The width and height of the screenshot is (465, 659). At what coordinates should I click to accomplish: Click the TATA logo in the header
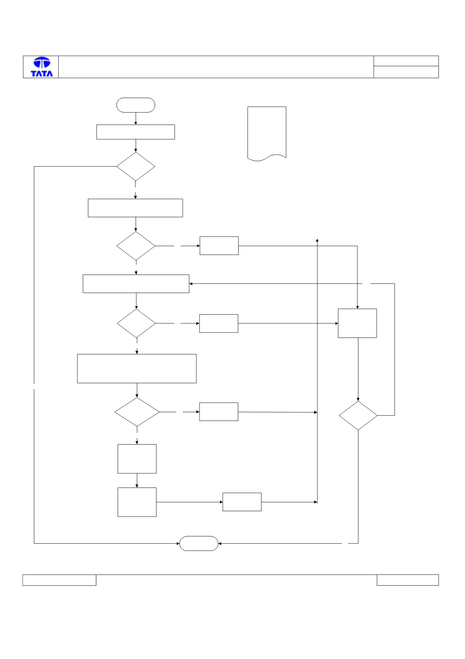(x=42, y=67)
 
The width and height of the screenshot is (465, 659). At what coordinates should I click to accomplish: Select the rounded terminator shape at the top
(x=136, y=105)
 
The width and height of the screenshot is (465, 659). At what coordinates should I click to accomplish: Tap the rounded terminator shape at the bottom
(x=199, y=543)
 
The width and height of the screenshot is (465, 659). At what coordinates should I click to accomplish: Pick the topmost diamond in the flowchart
(x=136, y=166)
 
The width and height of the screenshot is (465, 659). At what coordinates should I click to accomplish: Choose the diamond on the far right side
(x=358, y=416)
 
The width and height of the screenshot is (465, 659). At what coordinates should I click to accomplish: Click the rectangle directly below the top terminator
(x=136, y=132)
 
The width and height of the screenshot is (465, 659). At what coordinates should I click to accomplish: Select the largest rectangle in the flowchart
(x=137, y=369)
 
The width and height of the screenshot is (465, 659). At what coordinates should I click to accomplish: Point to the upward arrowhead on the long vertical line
(x=317, y=240)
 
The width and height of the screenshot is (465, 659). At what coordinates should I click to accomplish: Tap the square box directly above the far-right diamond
(x=357, y=323)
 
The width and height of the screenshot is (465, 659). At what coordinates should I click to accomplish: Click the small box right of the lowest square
(x=242, y=502)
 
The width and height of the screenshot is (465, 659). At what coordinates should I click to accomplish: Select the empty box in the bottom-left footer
(x=59, y=580)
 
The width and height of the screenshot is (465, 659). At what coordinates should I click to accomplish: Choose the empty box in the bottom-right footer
(x=408, y=580)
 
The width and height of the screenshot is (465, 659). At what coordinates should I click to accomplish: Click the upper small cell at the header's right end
(x=406, y=61)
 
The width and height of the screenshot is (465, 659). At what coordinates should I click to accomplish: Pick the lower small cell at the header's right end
(x=406, y=72)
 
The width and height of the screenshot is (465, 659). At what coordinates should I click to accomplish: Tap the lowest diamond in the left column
(x=137, y=412)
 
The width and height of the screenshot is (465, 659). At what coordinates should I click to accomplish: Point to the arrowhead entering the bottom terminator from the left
(x=178, y=543)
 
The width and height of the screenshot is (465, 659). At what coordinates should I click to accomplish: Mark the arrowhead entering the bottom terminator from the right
(x=220, y=543)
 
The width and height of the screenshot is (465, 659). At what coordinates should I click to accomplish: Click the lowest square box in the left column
(x=137, y=502)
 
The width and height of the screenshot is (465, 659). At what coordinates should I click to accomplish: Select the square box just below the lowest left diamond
(x=137, y=459)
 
